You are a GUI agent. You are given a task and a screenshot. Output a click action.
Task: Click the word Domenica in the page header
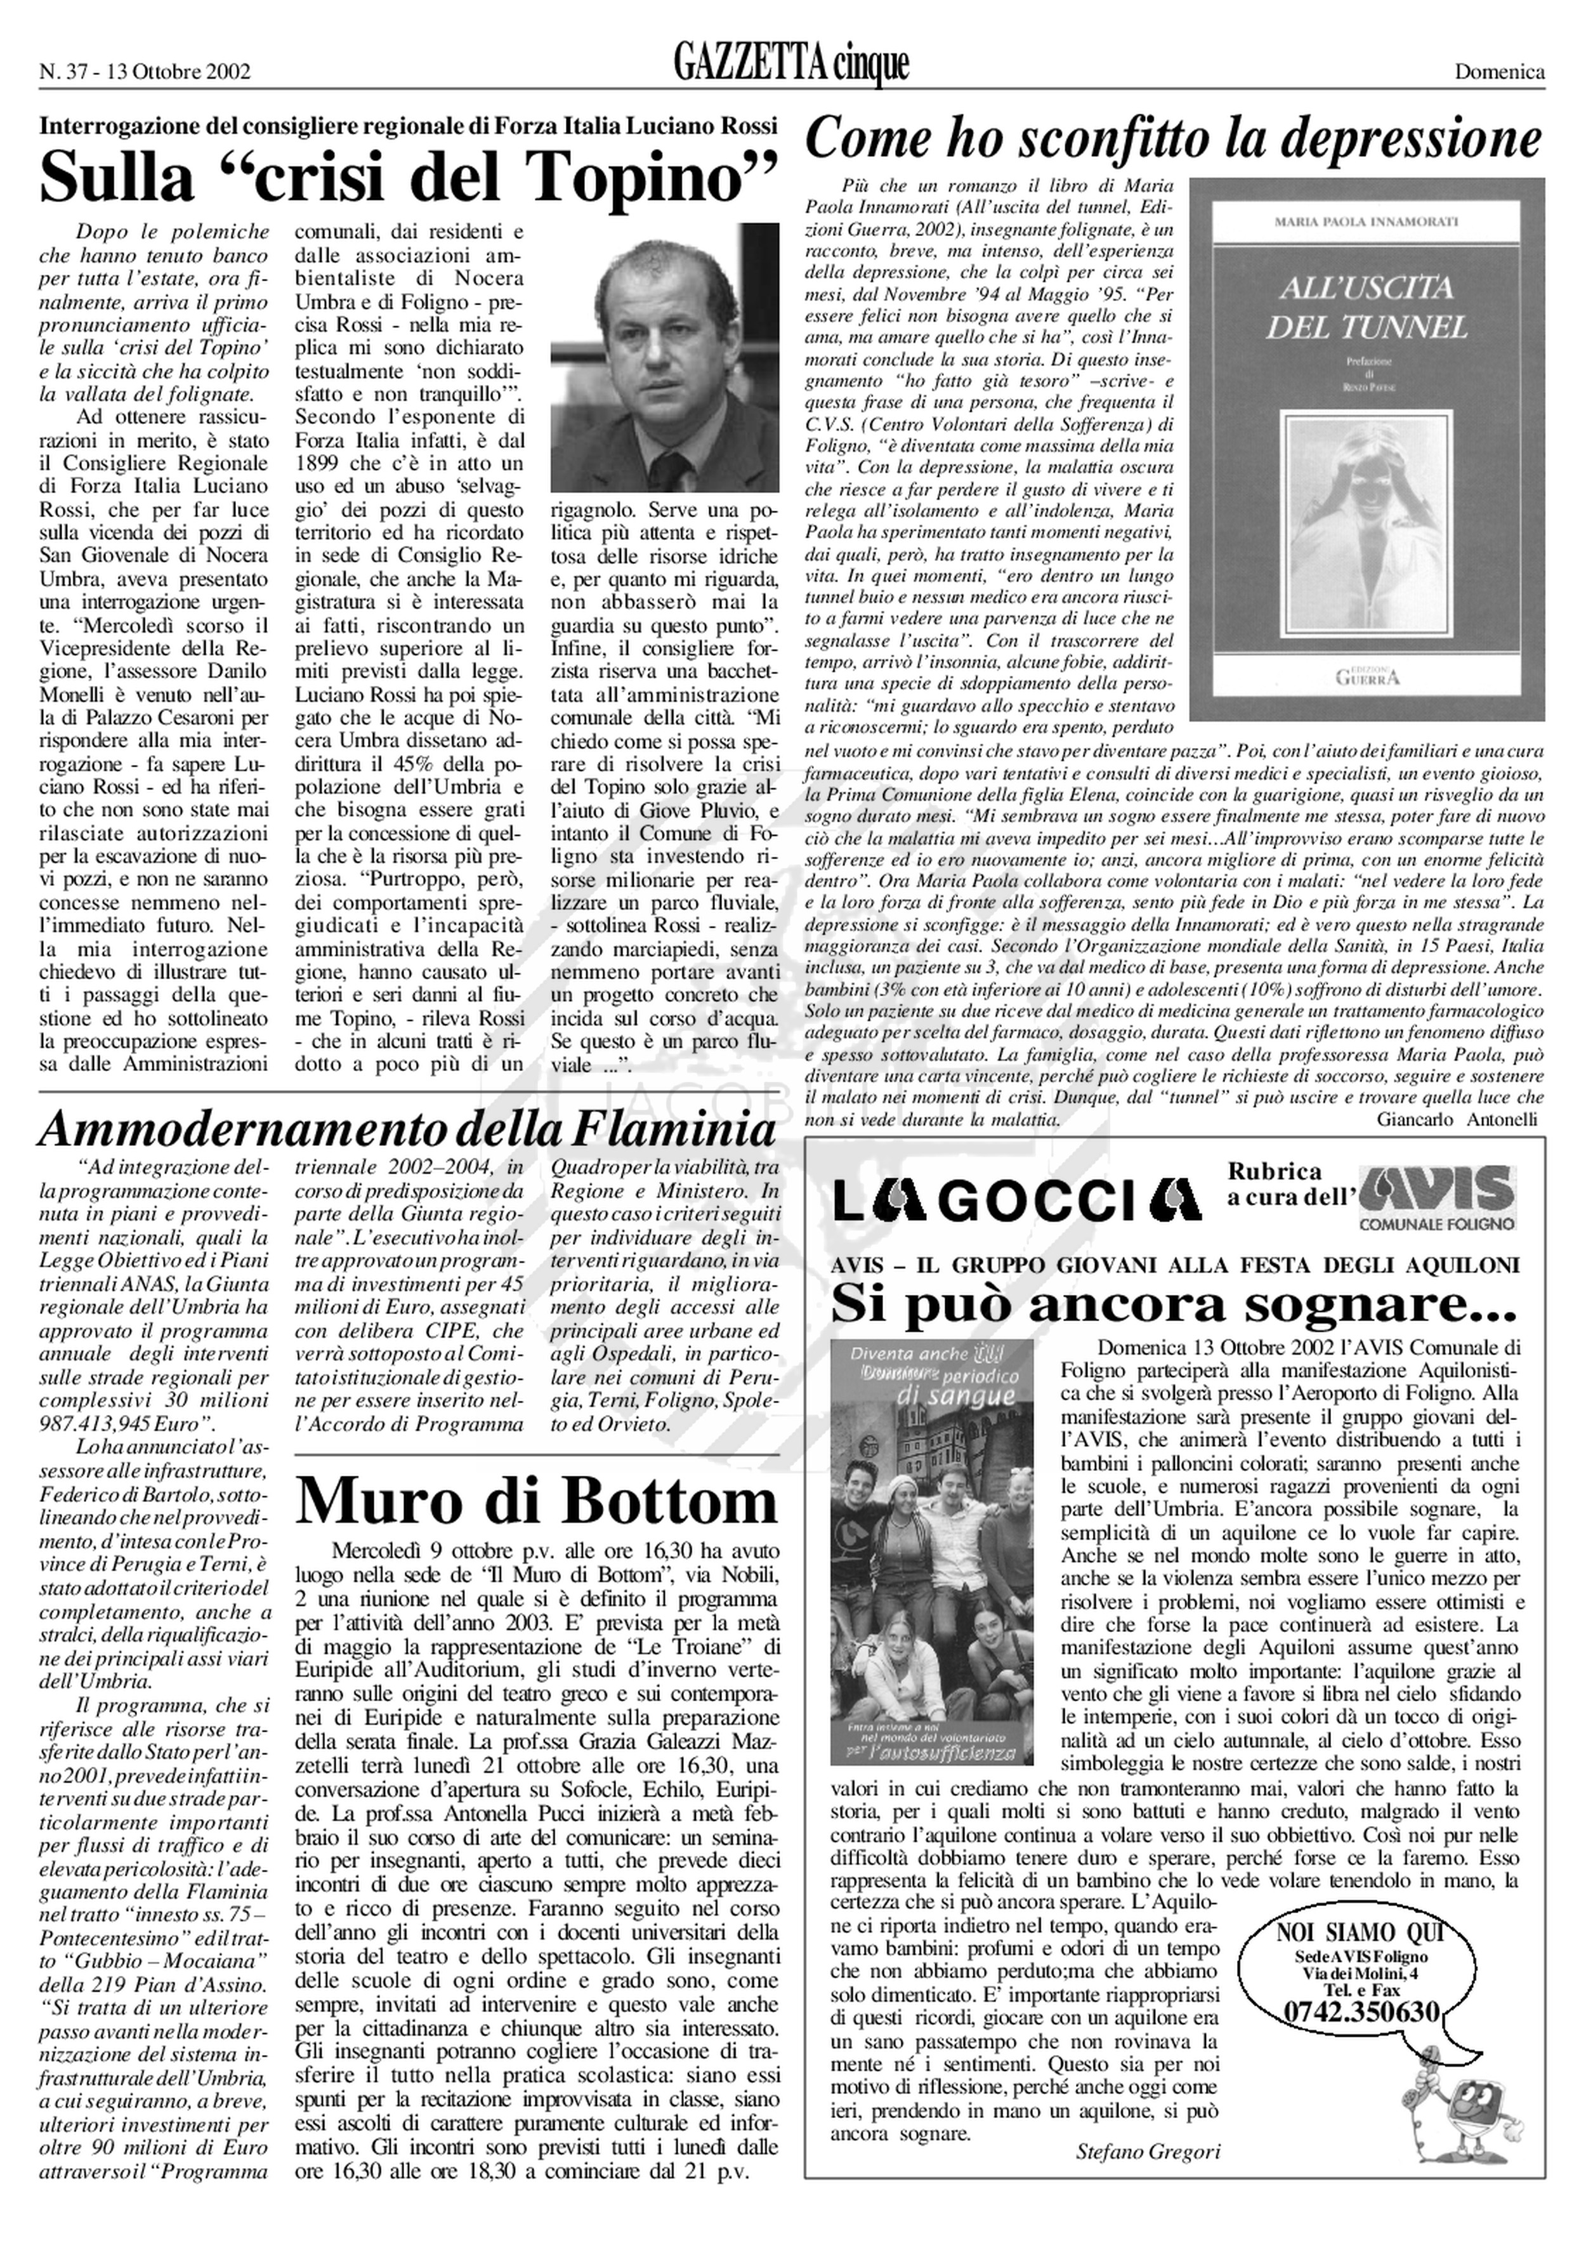point(1499,71)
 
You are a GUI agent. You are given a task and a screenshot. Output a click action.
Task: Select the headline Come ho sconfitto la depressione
point(1172,140)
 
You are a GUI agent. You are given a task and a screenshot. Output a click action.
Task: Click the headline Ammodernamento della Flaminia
point(407,1130)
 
